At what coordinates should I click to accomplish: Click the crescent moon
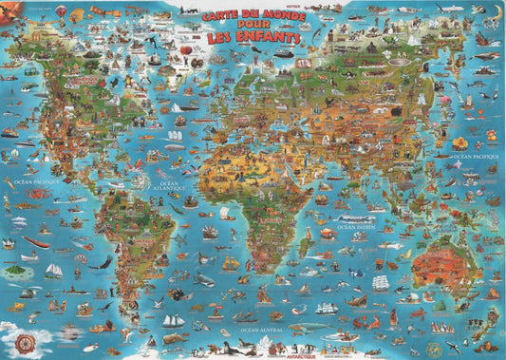497,11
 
